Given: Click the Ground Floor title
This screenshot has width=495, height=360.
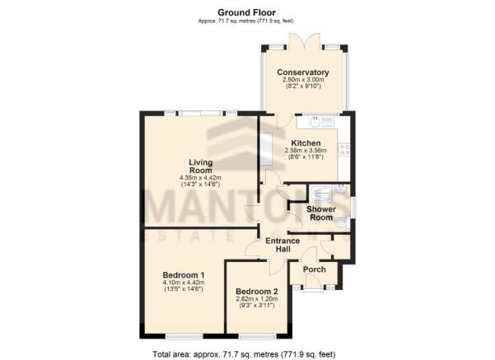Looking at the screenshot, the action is pyautogui.click(x=246, y=12).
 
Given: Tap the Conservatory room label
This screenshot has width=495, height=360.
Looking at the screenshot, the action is pyautogui.click(x=303, y=72).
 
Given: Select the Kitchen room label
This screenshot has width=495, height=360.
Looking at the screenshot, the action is pyautogui.click(x=306, y=143).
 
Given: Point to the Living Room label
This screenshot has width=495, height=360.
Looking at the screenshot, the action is pyautogui.click(x=200, y=166).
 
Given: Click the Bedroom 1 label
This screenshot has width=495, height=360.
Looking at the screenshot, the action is pyautogui.click(x=184, y=274).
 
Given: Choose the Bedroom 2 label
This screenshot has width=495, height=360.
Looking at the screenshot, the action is pyautogui.click(x=257, y=291).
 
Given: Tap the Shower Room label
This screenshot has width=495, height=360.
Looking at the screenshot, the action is pyautogui.click(x=321, y=213).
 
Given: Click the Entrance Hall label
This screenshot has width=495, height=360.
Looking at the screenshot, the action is pyautogui.click(x=283, y=245).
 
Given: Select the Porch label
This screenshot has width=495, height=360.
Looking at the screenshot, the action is pyautogui.click(x=314, y=269).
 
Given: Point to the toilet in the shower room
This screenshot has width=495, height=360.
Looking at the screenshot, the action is pyautogui.click(x=341, y=223).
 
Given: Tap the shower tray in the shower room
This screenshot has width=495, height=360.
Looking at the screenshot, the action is pyautogui.click(x=320, y=194).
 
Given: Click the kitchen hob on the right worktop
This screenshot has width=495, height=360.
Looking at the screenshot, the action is pyautogui.click(x=344, y=150).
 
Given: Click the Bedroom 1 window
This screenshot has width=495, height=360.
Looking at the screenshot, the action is pyautogui.click(x=184, y=337).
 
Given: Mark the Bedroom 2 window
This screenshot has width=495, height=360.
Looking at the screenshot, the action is pyautogui.click(x=258, y=337).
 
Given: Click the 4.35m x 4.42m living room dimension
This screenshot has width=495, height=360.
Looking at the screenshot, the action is pyautogui.click(x=200, y=178).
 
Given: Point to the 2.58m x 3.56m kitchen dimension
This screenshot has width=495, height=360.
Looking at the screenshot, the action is pyautogui.click(x=306, y=150).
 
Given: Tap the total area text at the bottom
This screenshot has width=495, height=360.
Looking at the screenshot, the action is pyautogui.click(x=244, y=354).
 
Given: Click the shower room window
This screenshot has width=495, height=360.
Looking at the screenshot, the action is pyautogui.click(x=353, y=207).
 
